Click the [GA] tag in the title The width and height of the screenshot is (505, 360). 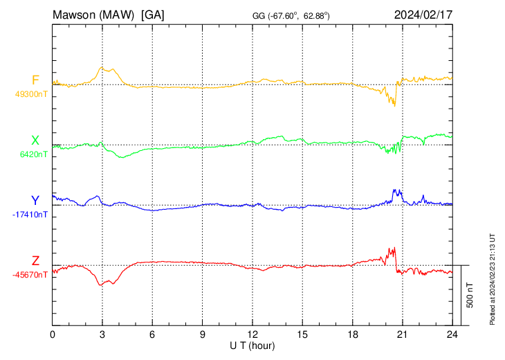tap(152, 14)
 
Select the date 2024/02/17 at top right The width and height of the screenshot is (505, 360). tap(423, 14)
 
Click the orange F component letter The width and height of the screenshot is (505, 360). tap(35, 80)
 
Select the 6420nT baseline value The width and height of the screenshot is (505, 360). tap(32, 154)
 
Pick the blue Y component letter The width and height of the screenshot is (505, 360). tap(35, 201)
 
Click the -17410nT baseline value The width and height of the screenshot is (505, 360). tap(30, 214)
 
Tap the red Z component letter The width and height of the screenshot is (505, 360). tap(35, 261)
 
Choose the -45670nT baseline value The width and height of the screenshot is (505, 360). tap(30, 274)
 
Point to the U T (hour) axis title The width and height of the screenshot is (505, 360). tap(252, 345)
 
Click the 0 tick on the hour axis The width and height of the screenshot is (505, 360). tap(53, 334)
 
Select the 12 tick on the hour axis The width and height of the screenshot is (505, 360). tap(252, 334)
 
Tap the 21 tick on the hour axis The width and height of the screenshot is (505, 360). tap(402, 334)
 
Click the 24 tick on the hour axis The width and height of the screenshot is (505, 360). tap(452, 334)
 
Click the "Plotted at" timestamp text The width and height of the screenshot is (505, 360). tap(493, 278)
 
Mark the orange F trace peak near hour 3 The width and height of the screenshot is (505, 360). tap(102, 67)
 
